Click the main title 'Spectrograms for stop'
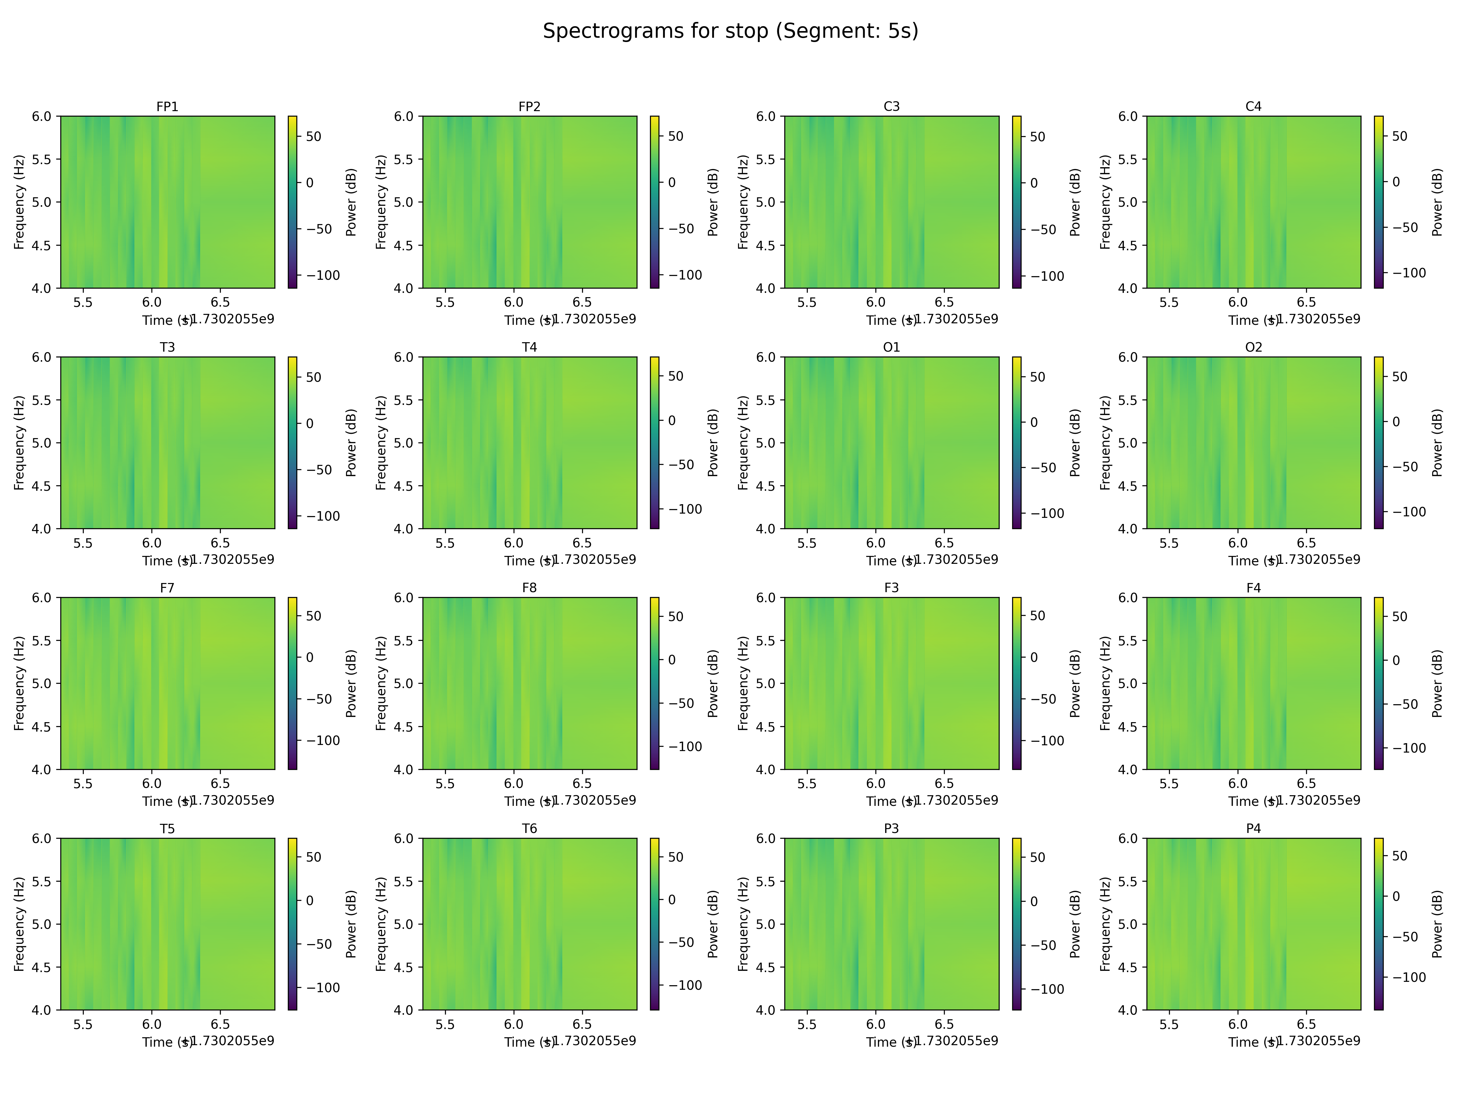point(730,31)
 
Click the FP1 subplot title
point(167,106)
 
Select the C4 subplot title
point(1253,106)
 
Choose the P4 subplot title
point(1253,828)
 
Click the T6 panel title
point(529,828)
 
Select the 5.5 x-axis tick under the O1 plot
point(806,543)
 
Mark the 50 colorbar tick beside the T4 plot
point(676,376)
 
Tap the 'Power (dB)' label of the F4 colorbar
point(1437,683)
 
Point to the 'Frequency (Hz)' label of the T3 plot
point(19,443)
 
